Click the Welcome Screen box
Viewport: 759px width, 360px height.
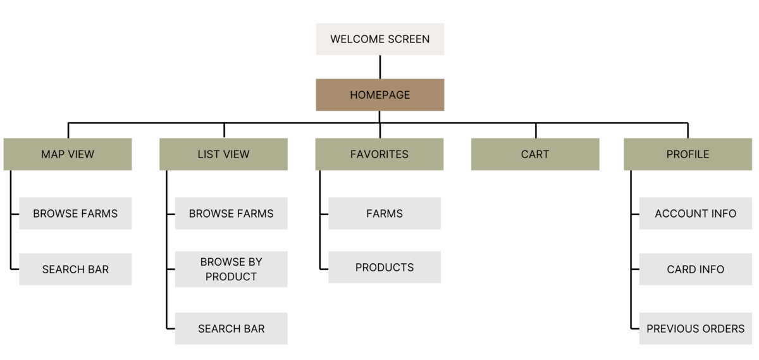tap(380, 39)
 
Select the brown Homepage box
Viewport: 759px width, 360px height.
tap(380, 95)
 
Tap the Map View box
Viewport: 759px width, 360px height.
tap(68, 154)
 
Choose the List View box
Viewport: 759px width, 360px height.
tap(224, 154)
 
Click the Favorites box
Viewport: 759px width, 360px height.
tap(379, 154)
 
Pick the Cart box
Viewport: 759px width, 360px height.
tap(535, 154)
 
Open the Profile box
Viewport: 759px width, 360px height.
tap(688, 154)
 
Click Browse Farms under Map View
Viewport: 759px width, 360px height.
tap(75, 214)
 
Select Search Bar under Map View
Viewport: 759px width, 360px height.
tap(75, 269)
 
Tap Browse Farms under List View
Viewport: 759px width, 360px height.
tap(231, 214)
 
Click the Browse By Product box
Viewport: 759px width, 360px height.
tap(231, 269)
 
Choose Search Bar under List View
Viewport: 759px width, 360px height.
tap(231, 328)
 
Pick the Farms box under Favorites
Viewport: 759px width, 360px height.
tap(385, 214)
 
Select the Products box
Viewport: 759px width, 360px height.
tap(385, 267)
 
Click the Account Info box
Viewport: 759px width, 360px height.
tap(696, 214)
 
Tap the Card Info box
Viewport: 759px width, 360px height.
tap(696, 269)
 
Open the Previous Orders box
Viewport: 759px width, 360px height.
tap(696, 328)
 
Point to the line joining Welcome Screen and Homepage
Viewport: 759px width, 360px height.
tap(380, 67)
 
